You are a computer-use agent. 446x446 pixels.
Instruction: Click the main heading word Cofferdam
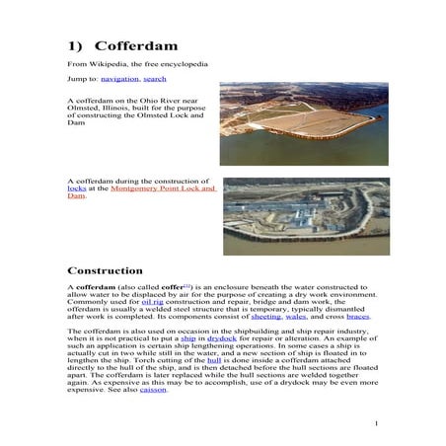(x=133, y=46)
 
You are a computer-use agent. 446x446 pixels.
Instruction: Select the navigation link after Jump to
(x=120, y=77)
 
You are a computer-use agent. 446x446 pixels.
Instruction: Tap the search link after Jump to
(x=154, y=77)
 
